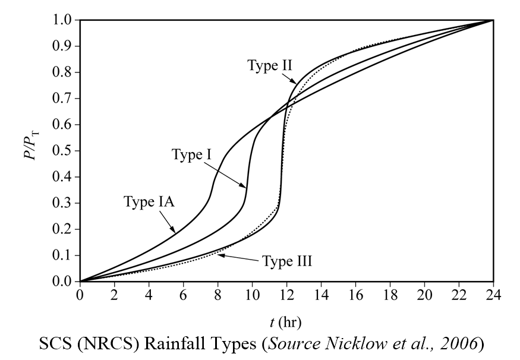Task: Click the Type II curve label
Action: pyautogui.click(x=270, y=65)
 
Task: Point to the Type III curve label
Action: pyautogui.click(x=286, y=261)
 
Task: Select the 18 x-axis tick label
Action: pyautogui.click(x=390, y=295)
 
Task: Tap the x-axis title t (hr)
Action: pyautogui.click(x=285, y=323)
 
